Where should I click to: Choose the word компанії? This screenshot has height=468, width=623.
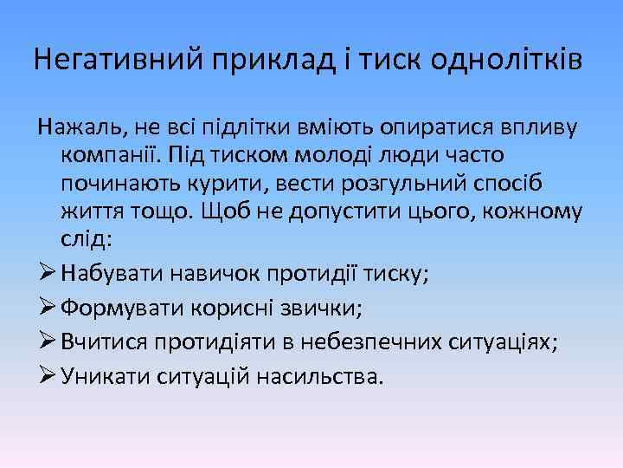coord(111,153)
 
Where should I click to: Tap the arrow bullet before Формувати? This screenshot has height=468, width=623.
coord(47,308)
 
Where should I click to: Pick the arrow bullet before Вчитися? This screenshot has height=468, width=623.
coord(47,341)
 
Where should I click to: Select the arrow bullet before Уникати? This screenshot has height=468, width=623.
coord(47,376)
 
